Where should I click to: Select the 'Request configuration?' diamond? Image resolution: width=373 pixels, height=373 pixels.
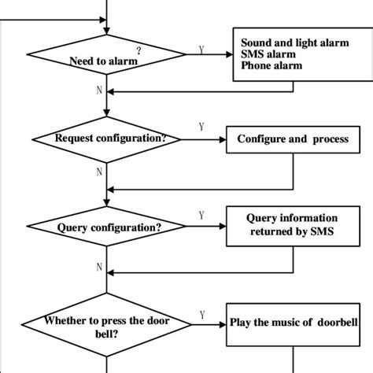(106, 139)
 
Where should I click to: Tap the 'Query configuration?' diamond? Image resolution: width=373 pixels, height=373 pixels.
(106, 229)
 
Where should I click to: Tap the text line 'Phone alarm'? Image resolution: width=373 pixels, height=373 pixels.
(271, 66)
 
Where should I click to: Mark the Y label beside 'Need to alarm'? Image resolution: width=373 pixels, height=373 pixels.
(201, 49)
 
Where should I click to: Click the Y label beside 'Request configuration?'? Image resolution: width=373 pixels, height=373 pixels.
(201, 125)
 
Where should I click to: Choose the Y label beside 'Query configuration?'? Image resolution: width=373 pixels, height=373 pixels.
(201, 215)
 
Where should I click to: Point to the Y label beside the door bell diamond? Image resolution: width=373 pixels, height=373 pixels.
(202, 314)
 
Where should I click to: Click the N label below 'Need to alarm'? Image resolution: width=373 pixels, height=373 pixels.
(99, 89)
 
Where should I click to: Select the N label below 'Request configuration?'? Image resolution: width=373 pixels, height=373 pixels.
(99, 170)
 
